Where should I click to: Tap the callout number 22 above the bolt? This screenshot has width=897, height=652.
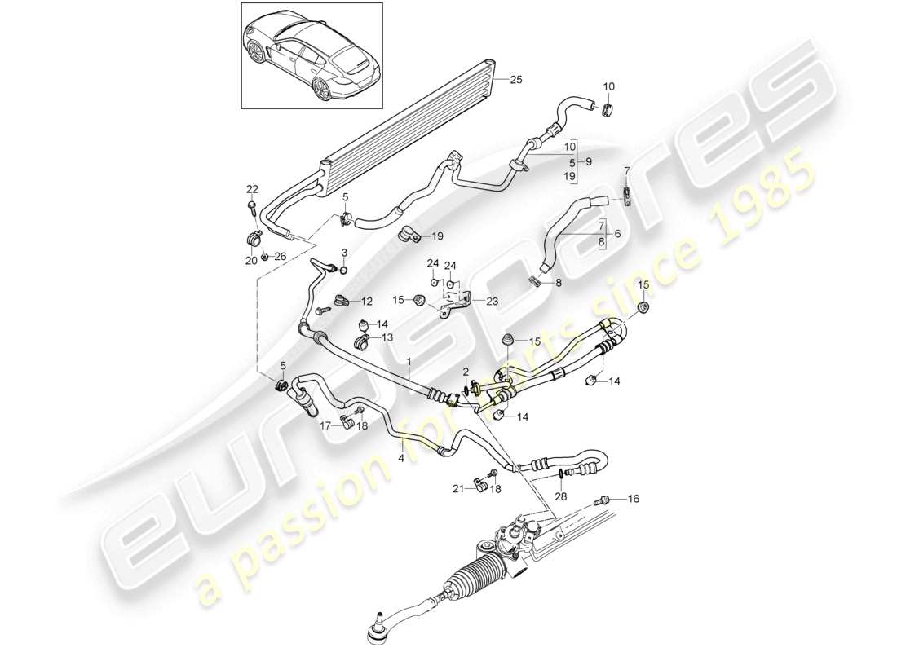coord(253,189)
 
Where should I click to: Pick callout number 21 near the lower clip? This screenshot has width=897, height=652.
coord(458,489)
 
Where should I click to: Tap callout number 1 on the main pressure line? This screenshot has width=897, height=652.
coord(409,360)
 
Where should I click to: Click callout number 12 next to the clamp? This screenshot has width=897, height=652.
coord(367,301)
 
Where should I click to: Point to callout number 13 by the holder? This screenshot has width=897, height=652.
coord(387,337)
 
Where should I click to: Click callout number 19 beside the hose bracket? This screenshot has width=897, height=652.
coord(437,236)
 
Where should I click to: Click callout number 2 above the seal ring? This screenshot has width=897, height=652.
coord(465,372)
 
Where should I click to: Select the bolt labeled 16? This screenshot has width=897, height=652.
coord(604,500)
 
